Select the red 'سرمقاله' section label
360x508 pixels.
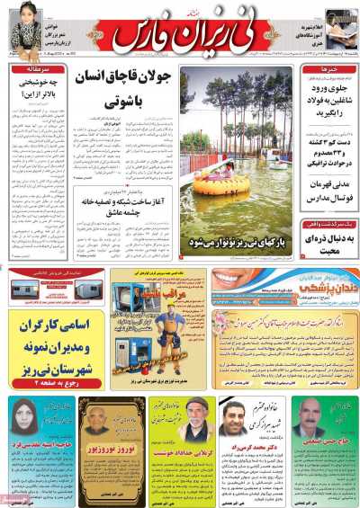[35, 68]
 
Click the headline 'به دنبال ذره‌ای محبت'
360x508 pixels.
[327, 236]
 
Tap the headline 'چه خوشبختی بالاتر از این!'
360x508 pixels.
[36, 91]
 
